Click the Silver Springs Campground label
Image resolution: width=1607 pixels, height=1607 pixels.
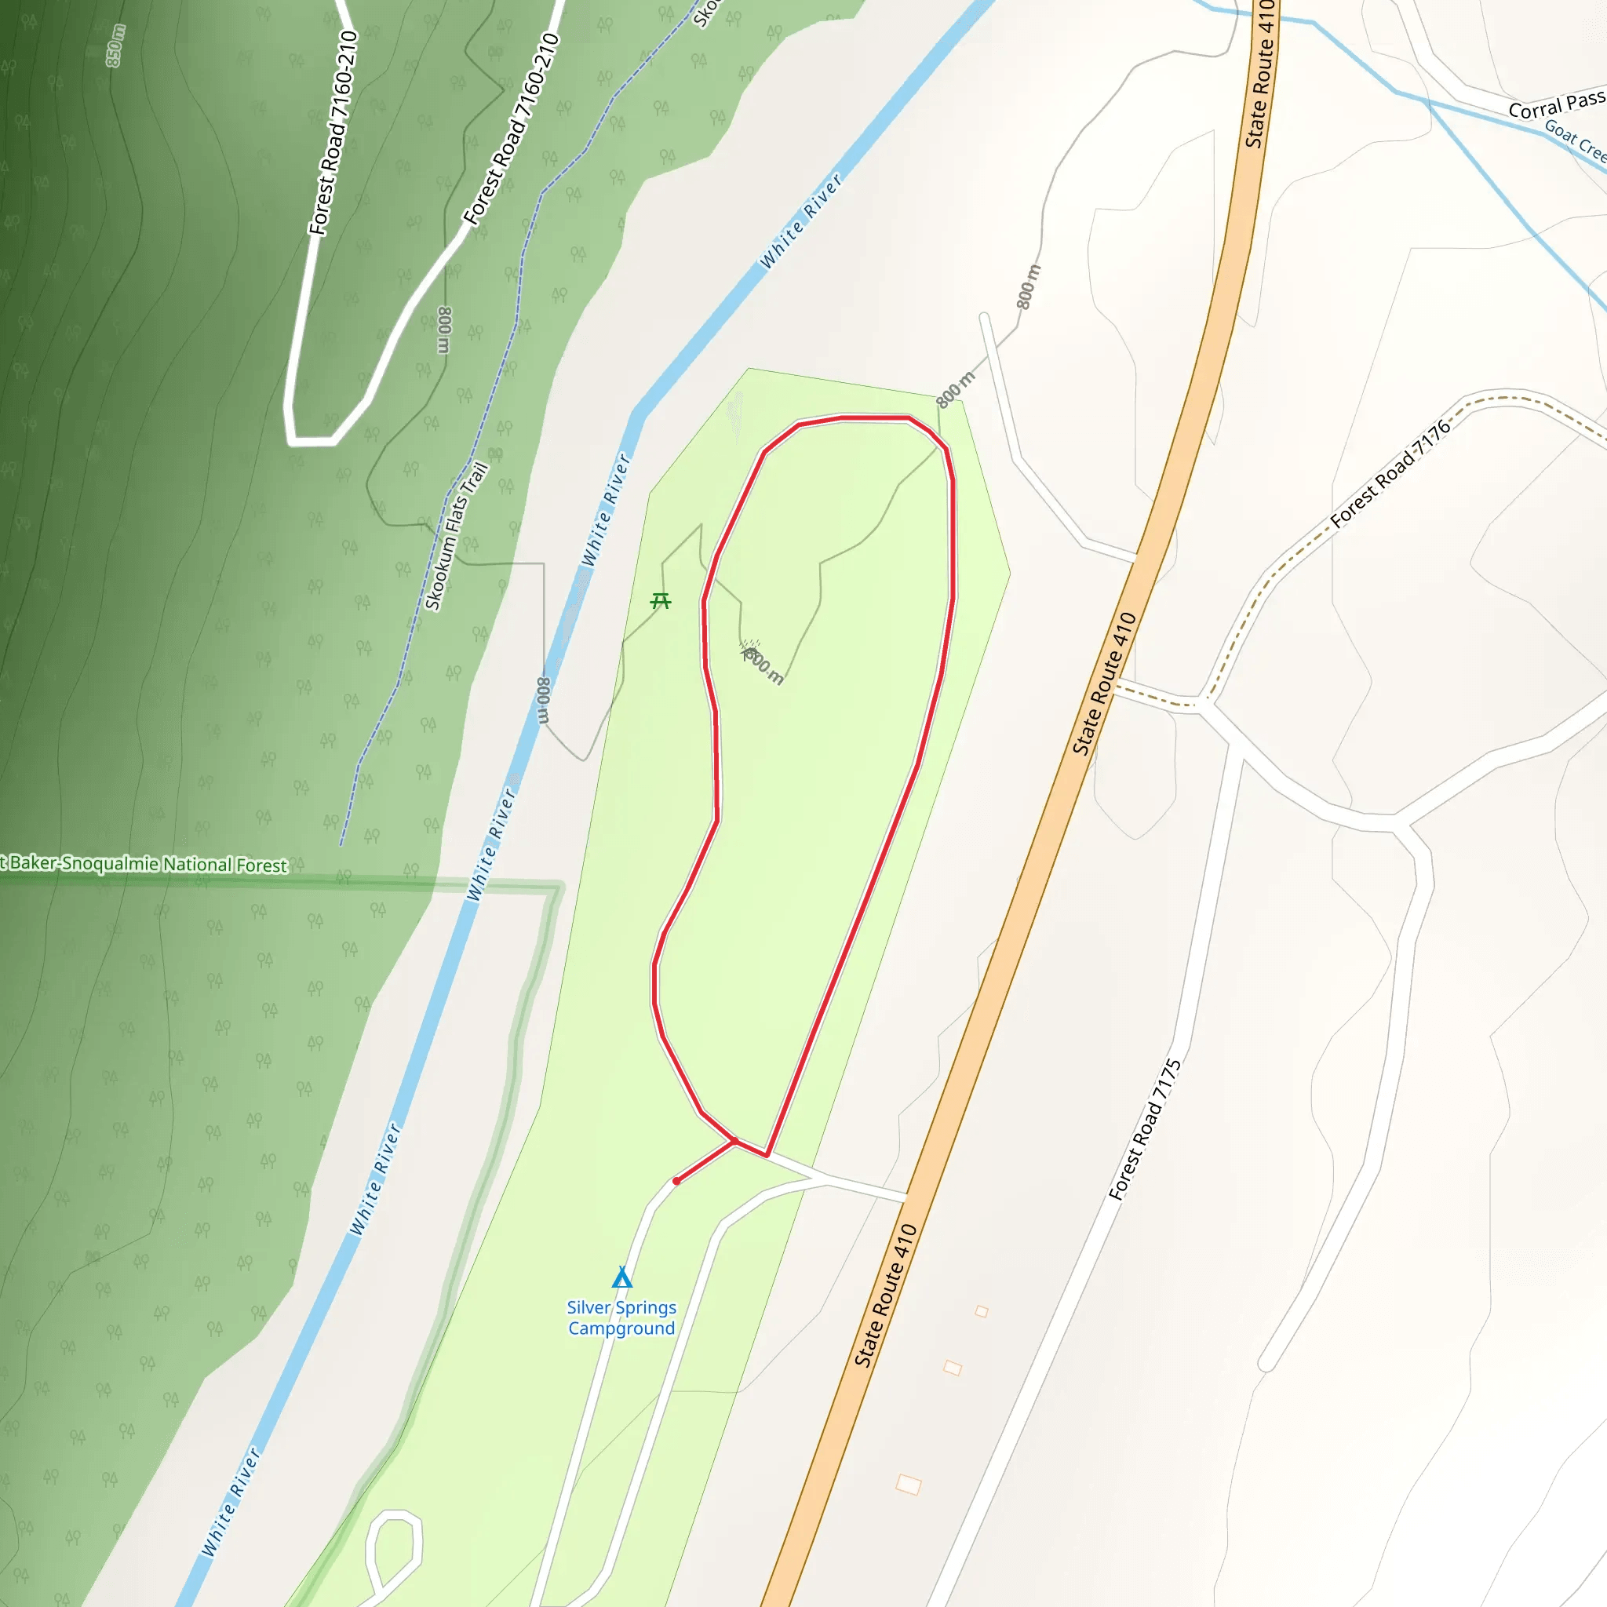pos(621,1317)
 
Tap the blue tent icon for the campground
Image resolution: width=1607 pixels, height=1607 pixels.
pos(621,1277)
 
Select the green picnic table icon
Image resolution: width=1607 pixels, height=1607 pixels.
pos(661,599)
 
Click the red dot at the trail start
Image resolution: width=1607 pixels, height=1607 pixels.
pos(676,1181)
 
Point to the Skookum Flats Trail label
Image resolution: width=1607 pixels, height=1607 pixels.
pos(456,537)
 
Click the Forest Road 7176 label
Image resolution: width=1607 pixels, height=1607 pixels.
pos(1390,474)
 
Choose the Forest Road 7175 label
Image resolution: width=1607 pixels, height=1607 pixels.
pos(1146,1130)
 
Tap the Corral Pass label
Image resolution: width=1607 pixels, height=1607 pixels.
pos(1556,105)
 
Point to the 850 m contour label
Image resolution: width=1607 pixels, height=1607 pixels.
pos(115,46)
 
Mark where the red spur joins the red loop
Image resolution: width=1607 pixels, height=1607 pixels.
pos(734,1142)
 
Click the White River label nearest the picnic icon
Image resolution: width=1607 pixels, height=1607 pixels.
pos(606,510)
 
